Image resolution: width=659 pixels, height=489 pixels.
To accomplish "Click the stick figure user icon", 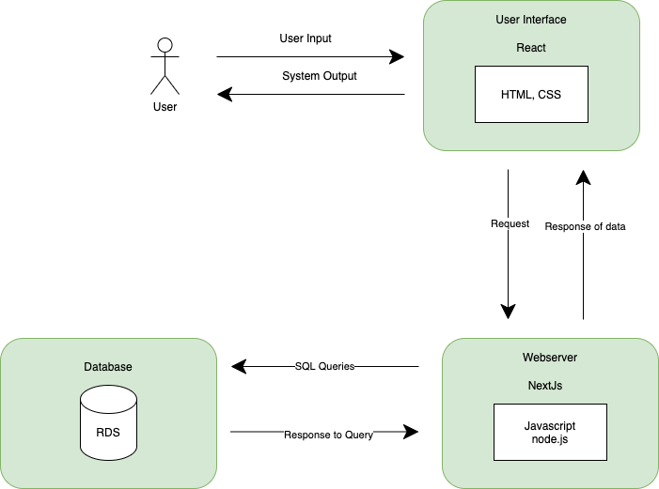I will click(165, 66).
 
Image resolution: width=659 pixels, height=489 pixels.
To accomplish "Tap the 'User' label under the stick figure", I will click(165, 107).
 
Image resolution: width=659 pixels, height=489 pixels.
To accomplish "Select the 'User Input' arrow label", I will click(306, 38).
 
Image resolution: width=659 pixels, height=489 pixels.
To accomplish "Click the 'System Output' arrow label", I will click(319, 76).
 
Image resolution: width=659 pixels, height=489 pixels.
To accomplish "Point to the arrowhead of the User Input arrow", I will click(398, 57).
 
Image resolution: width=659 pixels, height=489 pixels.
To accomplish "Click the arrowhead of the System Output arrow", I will click(224, 94).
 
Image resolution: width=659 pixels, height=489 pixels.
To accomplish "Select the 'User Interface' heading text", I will click(530, 20).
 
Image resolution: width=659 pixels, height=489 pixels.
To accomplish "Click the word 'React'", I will click(531, 47).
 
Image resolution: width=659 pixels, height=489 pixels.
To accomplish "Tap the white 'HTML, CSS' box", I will click(531, 94).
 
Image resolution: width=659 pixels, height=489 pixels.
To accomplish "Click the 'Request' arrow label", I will click(510, 224).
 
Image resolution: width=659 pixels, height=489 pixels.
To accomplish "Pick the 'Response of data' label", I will click(585, 226).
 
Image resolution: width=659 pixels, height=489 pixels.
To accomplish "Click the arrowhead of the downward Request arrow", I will click(509, 313).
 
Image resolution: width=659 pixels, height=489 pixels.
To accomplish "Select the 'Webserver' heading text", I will click(550, 358).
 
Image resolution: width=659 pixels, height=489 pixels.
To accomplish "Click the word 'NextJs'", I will click(550, 385).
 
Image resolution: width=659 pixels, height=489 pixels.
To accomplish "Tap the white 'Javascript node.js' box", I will click(550, 432).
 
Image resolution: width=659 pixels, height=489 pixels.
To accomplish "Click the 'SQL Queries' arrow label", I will click(324, 366).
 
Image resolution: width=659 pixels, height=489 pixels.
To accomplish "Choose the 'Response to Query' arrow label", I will click(329, 435).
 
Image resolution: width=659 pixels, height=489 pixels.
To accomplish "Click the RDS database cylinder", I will click(108, 427).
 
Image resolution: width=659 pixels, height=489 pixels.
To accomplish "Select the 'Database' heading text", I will click(108, 366).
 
